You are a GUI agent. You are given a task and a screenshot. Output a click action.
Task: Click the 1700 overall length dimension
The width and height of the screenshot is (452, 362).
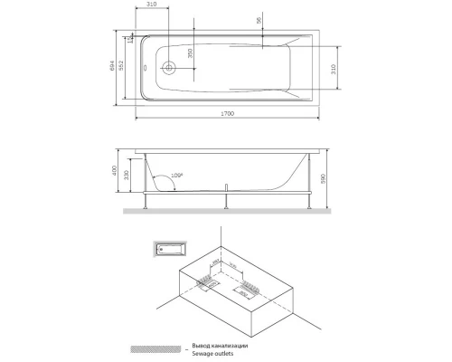pos(227,113)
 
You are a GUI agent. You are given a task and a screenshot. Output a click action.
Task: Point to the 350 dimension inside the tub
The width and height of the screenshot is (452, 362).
pos(190,54)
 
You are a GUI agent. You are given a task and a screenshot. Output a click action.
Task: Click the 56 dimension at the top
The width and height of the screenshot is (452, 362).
pos(259,20)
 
